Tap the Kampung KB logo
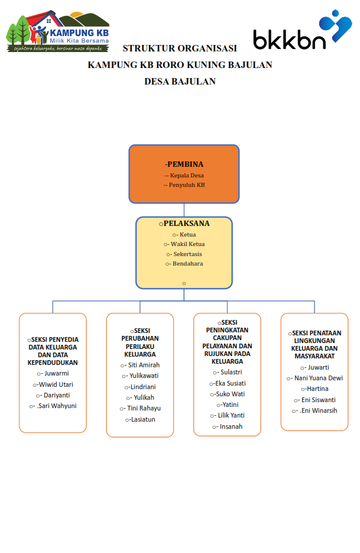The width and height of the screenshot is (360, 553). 58,31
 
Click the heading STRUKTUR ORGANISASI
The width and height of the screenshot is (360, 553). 180,48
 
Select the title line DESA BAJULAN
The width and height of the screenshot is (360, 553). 180,82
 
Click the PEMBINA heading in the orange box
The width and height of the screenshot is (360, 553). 184,164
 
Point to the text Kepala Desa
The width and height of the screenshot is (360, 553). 187,175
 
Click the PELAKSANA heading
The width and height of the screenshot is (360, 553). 187,223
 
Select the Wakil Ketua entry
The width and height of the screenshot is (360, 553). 187,244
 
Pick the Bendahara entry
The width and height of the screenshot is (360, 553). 187,263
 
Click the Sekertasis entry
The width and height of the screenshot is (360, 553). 187,254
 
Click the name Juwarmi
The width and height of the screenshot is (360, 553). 56,373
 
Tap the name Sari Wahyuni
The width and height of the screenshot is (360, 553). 57,406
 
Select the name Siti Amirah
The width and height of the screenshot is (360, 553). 144,365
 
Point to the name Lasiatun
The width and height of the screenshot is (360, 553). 143,419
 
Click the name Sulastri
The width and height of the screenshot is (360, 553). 231,372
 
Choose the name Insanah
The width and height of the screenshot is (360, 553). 231,426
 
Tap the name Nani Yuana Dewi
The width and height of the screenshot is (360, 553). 319,378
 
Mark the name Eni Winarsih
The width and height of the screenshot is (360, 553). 319,410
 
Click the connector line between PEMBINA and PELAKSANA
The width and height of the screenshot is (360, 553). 184,210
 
